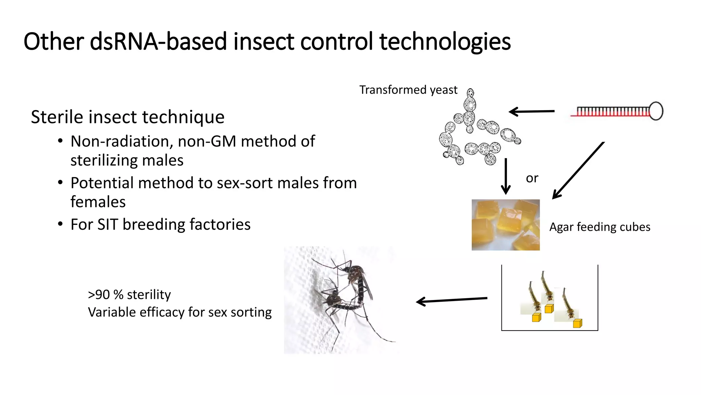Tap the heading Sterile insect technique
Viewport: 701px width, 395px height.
click(128, 117)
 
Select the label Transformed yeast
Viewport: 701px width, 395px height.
click(408, 90)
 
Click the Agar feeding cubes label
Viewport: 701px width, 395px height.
click(600, 227)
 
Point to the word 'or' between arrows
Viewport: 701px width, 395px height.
click(532, 178)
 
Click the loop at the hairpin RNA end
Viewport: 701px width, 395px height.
click(656, 111)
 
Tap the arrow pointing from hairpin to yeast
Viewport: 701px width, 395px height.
click(531, 111)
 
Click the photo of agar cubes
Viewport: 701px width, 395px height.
click(506, 225)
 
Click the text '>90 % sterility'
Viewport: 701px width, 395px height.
click(129, 295)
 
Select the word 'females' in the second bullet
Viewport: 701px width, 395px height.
click(98, 202)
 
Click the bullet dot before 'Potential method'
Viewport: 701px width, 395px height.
click(60, 183)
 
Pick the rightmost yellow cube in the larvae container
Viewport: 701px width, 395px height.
click(577, 323)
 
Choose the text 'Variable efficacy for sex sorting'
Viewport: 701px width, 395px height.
click(180, 312)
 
